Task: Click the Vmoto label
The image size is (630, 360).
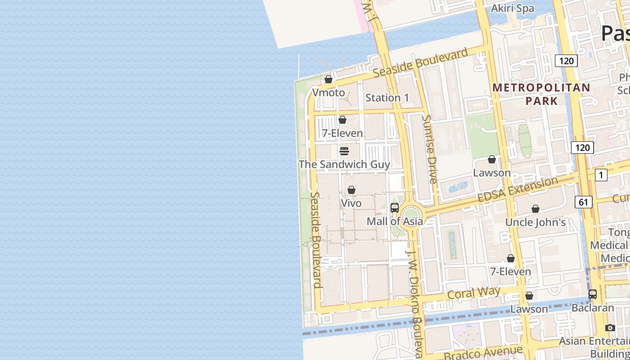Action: (x=328, y=93)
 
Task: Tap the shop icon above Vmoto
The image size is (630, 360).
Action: (x=328, y=79)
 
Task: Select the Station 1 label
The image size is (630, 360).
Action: (x=387, y=98)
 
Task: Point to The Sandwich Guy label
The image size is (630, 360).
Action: (x=344, y=164)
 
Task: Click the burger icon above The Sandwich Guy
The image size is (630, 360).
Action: (x=344, y=151)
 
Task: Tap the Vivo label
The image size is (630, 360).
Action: (x=351, y=203)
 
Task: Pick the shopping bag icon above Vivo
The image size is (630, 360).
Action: (x=351, y=190)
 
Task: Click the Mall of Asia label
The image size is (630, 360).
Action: (x=395, y=221)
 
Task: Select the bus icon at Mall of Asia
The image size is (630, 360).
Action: (x=395, y=207)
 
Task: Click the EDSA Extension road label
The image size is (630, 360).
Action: (x=517, y=190)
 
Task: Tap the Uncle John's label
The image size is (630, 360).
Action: (x=535, y=222)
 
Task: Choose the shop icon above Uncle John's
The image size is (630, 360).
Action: (x=535, y=209)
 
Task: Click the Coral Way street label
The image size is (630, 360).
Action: (x=474, y=293)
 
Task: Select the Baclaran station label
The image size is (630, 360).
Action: (x=593, y=308)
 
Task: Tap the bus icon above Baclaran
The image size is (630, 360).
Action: (x=593, y=294)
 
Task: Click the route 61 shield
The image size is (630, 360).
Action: (x=583, y=202)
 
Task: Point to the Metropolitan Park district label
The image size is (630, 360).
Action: (x=541, y=94)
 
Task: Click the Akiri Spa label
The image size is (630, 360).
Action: (x=513, y=8)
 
